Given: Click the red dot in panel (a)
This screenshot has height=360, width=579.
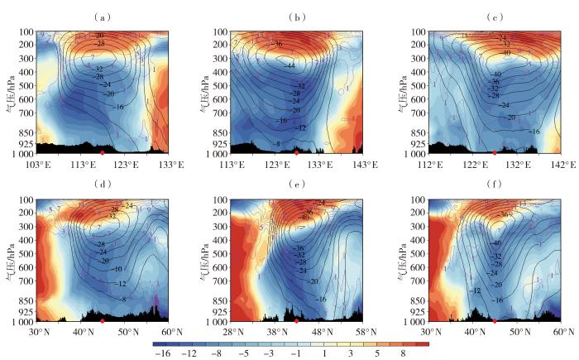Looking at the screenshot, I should (x=102, y=154).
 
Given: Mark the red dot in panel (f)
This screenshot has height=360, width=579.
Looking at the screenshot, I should (x=494, y=321).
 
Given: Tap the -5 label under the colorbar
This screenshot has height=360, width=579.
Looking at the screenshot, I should (x=240, y=353).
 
